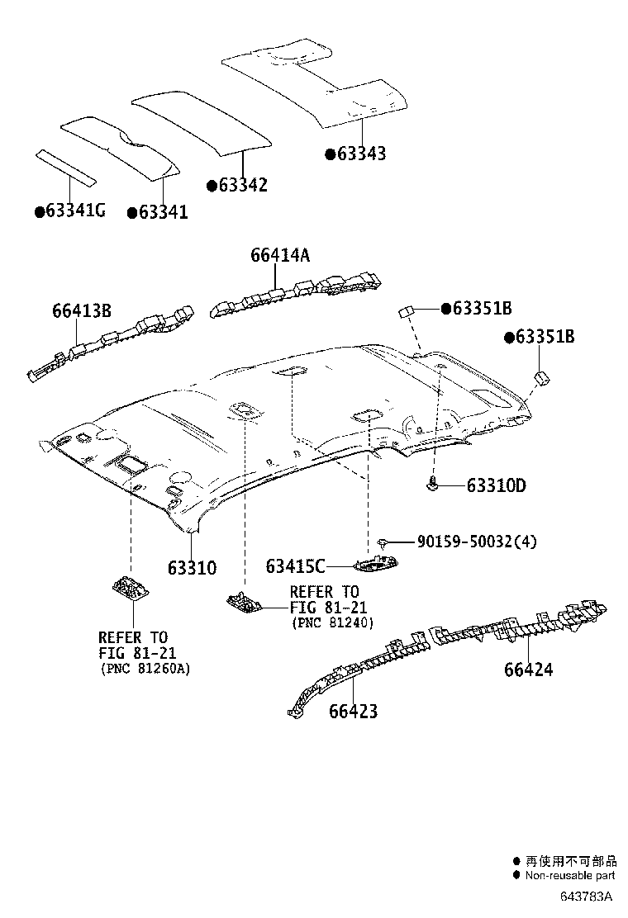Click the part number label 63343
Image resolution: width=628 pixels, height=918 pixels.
tap(361, 154)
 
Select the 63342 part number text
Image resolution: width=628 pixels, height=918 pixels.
tap(243, 185)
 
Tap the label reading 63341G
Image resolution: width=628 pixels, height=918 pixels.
tap(76, 211)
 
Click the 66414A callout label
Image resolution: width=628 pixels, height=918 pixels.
tap(280, 255)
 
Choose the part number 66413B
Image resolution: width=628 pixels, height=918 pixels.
tap(81, 311)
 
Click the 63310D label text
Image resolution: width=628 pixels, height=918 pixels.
tap(496, 485)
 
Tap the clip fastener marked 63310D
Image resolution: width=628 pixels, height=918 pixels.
tap(432, 485)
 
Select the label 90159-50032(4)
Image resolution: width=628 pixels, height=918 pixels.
tap(477, 542)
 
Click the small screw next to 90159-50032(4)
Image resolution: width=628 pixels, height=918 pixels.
tap(383, 542)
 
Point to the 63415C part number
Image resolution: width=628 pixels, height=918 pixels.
tap(295, 566)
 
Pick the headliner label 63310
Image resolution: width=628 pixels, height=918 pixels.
tap(192, 568)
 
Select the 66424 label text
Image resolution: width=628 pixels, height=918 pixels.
tap(528, 669)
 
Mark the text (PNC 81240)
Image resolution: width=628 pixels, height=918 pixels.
tap(332, 622)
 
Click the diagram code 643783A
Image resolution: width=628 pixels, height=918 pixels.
tap(586, 896)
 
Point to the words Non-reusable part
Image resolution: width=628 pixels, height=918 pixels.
tap(570, 875)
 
